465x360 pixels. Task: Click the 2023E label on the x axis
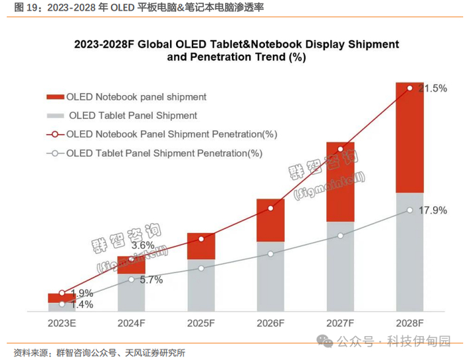point(61,323)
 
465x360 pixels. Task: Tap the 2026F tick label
point(270,323)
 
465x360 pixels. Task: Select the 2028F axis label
point(410,323)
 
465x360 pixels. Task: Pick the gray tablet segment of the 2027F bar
point(340,266)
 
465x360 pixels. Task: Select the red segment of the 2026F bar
point(270,220)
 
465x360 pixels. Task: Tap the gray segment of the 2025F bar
point(201,285)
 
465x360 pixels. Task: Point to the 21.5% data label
point(432,88)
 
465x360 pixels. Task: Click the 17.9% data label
point(432,211)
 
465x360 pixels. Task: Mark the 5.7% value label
point(151,280)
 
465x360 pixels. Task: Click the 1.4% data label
point(82,305)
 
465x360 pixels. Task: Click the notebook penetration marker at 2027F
point(340,149)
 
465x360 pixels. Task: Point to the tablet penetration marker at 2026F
point(270,254)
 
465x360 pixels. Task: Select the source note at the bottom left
point(100,352)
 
